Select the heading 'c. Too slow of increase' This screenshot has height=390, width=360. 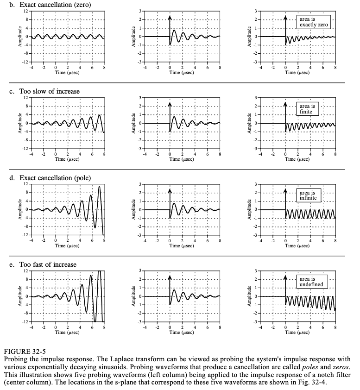(x=45, y=91)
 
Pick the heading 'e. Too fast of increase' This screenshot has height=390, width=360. (x=44, y=264)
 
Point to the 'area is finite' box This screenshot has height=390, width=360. (x=307, y=108)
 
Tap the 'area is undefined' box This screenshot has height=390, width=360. (x=311, y=282)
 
